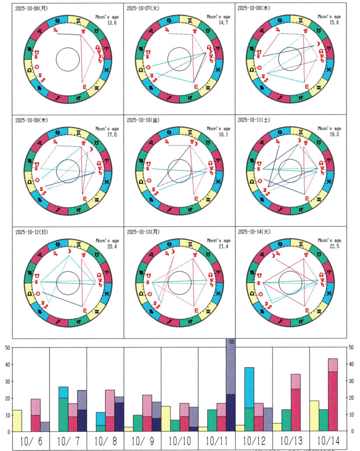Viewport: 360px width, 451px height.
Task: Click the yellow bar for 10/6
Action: pyautogui.click(x=17, y=421)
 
